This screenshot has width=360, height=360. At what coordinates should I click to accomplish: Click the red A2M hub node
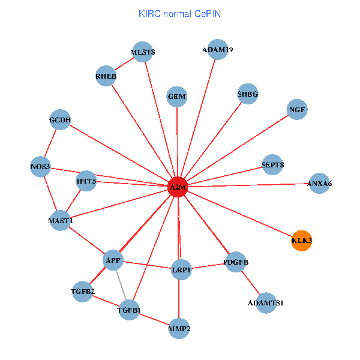(x=178, y=187)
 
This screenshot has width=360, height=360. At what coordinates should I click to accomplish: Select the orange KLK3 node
(x=301, y=241)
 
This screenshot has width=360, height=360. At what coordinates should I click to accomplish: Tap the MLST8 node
(x=142, y=52)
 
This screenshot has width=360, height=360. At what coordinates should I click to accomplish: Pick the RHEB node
(x=106, y=76)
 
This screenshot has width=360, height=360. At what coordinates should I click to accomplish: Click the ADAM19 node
(x=218, y=49)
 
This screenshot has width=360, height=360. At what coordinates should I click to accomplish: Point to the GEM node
(x=177, y=97)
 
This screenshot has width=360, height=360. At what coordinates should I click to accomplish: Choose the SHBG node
(x=248, y=94)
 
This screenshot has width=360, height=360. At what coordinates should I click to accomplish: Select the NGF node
(x=298, y=110)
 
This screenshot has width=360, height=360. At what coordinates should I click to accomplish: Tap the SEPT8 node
(x=273, y=164)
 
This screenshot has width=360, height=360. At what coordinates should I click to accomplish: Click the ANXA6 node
(x=319, y=183)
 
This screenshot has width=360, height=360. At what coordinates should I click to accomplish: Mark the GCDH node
(x=60, y=120)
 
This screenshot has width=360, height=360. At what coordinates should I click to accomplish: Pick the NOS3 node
(x=41, y=166)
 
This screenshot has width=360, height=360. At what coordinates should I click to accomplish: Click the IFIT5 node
(x=86, y=181)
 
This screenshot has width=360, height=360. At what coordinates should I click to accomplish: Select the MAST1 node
(x=61, y=221)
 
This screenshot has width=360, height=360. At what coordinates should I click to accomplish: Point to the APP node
(x=113, y=260)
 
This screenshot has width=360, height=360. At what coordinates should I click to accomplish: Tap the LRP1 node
(x=181, y=270)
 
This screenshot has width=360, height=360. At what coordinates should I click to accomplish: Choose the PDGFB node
(x=236, y=262)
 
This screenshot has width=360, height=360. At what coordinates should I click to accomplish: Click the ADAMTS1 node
(x=265, y=303)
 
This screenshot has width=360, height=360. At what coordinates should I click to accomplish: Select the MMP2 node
(x=179, y=328)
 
